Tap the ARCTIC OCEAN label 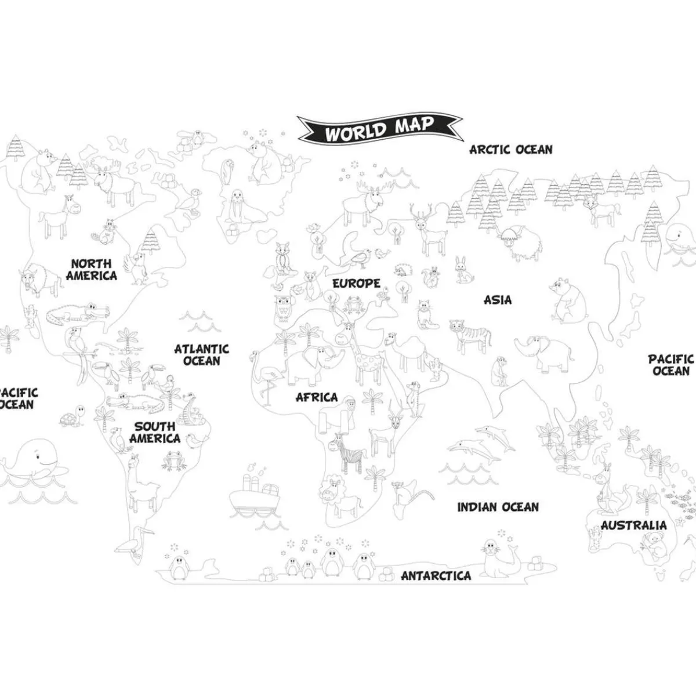[x=510, y=150]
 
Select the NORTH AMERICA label [x=91, y=270]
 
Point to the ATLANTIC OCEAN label [x=202, y=354]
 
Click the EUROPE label [x=356, y=284]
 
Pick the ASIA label [x=498, y=300]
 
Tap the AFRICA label [x=317, y=397]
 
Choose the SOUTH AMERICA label [x=155, y=433]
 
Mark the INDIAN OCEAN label [x=498, y=507]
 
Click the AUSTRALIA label [x=633, y=525]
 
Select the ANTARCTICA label [x=436, y=576]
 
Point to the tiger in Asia [x=470, y=335]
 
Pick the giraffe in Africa [x=362, y=354]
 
